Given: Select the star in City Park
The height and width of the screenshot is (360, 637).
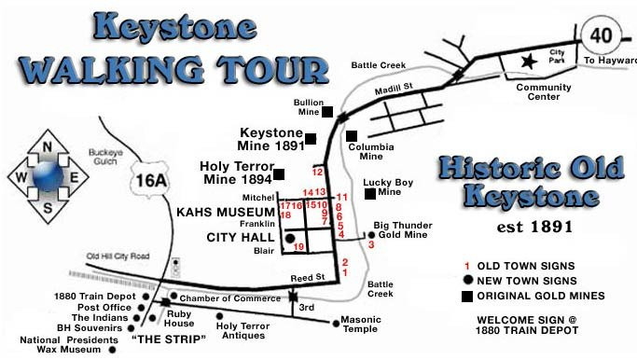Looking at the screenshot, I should click(530, 62).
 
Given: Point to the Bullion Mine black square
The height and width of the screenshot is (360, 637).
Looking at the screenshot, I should click(327, 112).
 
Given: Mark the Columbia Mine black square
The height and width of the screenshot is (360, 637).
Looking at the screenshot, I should click(352, 135).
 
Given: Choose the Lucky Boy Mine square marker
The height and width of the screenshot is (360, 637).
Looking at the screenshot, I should click(370, 194).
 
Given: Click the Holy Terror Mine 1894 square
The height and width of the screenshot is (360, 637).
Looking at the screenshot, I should click(280, 173).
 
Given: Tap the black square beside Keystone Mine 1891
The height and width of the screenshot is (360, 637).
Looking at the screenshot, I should click(311, 139).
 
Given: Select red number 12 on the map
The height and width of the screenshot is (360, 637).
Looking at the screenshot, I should click(317, 172).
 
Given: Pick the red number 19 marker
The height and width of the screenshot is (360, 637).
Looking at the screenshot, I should click(299, 247).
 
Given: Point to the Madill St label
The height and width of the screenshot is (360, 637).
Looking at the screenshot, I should click(394, 85).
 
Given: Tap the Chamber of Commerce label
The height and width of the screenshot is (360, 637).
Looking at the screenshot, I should click(224, 298).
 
